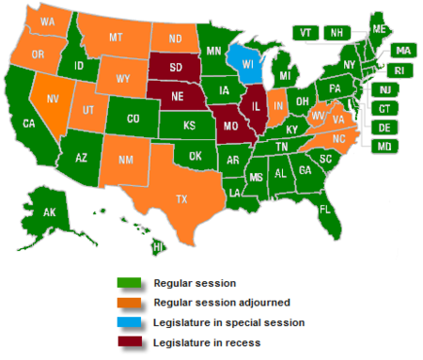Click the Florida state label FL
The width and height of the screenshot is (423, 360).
[324, 209]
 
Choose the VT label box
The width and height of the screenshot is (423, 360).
[305, 32]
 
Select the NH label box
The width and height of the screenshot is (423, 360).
[335, 32]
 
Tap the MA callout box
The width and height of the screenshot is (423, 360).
[402, 50]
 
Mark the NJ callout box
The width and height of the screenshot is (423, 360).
[384, 89]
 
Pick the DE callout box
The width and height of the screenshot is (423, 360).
[384, 127]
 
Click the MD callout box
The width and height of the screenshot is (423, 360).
[384, 146]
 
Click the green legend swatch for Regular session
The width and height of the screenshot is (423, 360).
[129, 281]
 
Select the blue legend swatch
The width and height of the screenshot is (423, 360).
[129, 322]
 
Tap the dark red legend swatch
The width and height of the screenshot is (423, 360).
[129, 342]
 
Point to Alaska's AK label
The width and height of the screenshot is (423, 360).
[48, 213]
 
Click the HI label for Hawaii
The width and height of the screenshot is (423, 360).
[158, 246]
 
